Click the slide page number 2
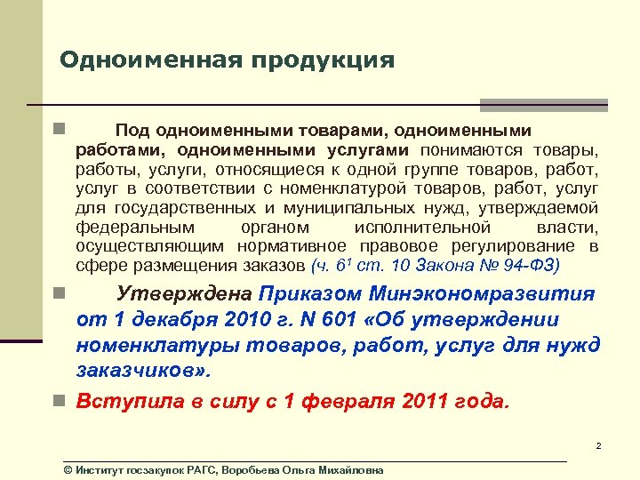click(599, 445)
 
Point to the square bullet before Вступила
click(57, 401)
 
